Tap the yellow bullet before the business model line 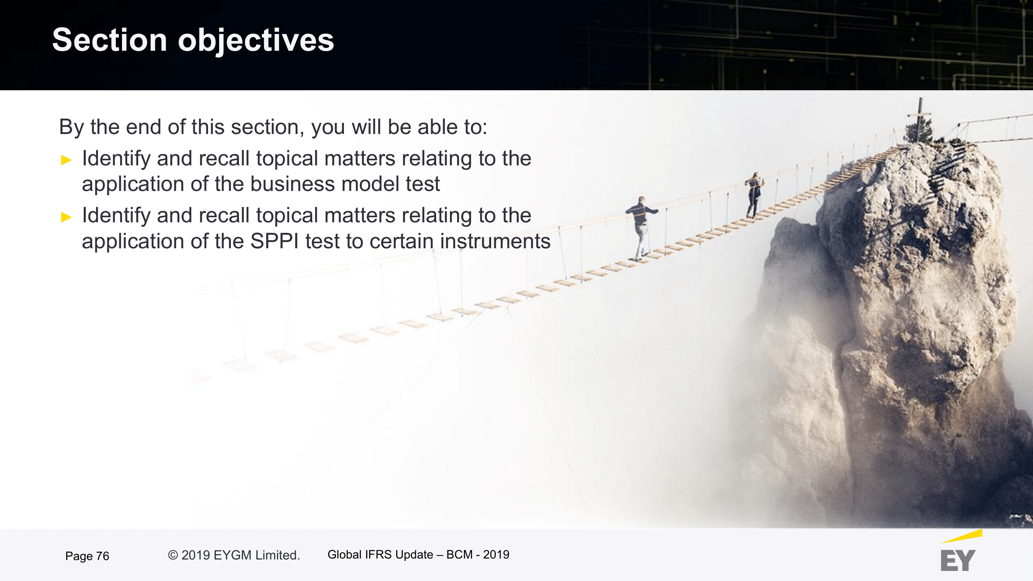pyautogui.click(x=66, y=160)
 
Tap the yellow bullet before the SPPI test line pyautogui.click(x=66, y=217)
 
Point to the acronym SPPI pyautogui.click(x=274, y=241)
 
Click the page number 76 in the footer pyautogui.click(x=103, y=556)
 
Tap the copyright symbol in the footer pyautogui.click(x=173, y=555)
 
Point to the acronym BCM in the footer pyautogui.click(x=459, y=555)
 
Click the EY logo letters pyautogui.click(x=957, y=560)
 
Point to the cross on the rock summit pyautogui.click(x=920, y=119)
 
